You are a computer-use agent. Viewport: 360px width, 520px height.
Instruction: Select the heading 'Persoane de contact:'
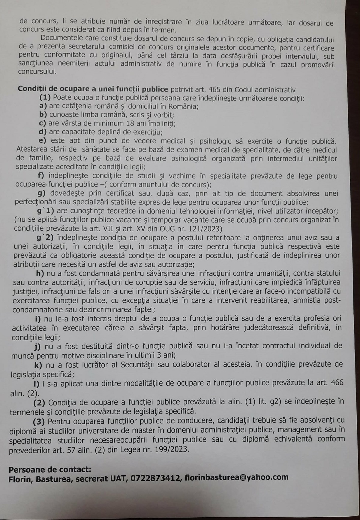[50, 469]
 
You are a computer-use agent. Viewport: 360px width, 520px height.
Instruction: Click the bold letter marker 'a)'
[43, 106]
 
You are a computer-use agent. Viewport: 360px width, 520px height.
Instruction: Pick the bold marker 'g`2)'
[45, 238]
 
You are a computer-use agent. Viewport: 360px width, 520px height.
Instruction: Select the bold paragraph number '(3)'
[39, 421]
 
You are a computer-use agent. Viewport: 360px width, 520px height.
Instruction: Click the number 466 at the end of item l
[337, 383]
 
